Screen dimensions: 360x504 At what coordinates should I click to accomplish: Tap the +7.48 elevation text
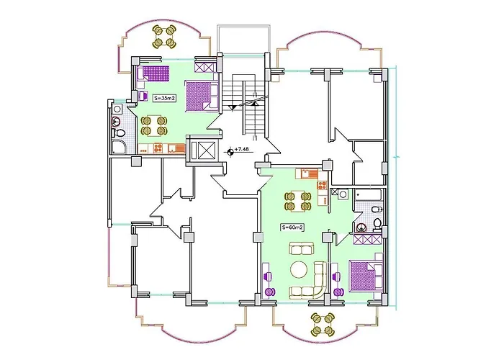click(242, 150)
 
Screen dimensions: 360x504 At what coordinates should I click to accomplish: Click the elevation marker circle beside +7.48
click(230, 150)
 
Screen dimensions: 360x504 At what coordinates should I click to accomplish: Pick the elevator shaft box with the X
click(204, 150)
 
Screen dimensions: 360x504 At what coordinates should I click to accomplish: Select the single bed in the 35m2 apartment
click(153, 73)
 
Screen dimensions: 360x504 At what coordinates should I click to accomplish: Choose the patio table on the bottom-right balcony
click(321, 323)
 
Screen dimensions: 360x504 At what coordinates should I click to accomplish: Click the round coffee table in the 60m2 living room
click(299, 271)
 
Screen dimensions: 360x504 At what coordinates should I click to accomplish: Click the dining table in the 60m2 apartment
click(296, 202)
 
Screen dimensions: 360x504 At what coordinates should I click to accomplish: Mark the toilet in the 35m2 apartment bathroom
click(121, 134)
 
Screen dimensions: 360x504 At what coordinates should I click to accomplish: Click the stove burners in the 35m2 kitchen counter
click(144, 150)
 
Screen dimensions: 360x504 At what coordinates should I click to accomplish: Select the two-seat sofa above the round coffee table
click(299, 249)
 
